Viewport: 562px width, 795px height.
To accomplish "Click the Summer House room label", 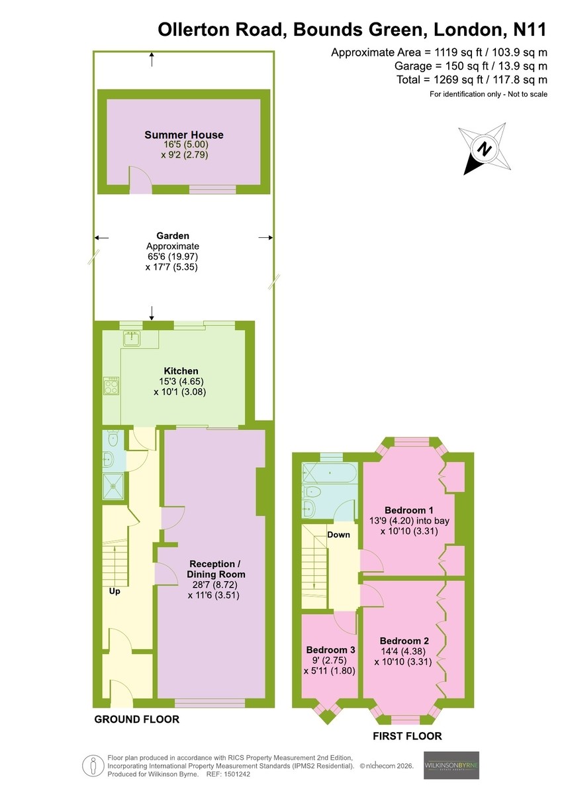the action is [183, 135].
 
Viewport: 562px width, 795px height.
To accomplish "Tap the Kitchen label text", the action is [181, 371].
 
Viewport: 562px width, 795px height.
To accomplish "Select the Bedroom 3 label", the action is [330, 650].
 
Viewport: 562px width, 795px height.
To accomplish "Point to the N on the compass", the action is [485, 148].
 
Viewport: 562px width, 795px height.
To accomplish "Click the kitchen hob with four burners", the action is [111, 386].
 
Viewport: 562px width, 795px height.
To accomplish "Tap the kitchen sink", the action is [132, 339].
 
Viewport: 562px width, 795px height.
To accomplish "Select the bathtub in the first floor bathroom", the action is [330, 473].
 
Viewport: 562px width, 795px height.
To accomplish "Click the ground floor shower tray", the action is [113, 486].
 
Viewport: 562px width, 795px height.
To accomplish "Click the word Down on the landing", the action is [338, 535].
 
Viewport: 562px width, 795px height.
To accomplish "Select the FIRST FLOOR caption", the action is [407, 737].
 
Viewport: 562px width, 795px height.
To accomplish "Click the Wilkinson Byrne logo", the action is [451, 765].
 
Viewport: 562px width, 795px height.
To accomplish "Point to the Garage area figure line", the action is [471, 66].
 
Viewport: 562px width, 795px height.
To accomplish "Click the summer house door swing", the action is [141, 180].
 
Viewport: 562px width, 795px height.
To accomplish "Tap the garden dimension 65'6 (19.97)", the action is [173, 256].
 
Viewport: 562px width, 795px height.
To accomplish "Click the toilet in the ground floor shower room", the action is [113, 439].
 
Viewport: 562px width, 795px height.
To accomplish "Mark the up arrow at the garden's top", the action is [152, 59].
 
